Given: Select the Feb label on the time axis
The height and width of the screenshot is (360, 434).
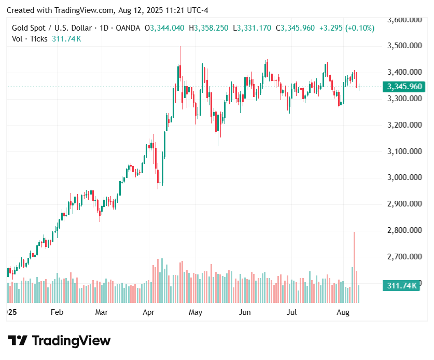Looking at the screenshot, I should [57, 312].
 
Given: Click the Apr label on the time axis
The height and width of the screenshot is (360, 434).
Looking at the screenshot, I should [149, 312].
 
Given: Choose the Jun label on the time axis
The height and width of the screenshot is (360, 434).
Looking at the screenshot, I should [245, 312].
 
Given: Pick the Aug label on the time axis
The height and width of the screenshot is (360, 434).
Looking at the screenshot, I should [343, 312].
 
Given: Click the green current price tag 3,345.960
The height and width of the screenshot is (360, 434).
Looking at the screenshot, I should [402, 87].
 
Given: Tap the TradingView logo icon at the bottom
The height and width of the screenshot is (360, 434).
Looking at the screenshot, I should [18, 341].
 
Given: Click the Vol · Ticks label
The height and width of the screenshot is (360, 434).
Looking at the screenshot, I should [30, 39].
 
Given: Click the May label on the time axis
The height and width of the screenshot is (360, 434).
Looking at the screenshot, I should [195, 312].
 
